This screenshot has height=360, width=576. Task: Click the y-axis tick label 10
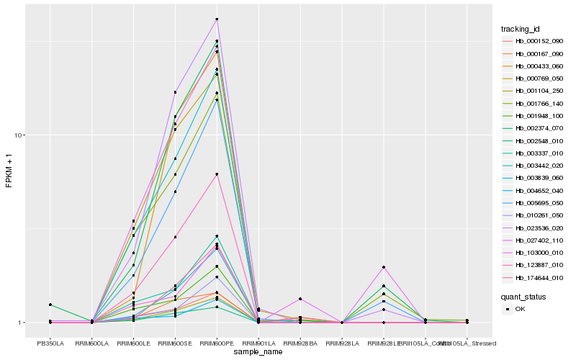pos(20,135)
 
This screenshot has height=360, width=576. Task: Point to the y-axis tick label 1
pos(22,323)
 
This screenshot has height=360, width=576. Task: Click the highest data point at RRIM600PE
pos(217,19)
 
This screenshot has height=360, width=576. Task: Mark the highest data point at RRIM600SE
pos(175,92)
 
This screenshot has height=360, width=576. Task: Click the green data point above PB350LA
pos(50,305)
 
